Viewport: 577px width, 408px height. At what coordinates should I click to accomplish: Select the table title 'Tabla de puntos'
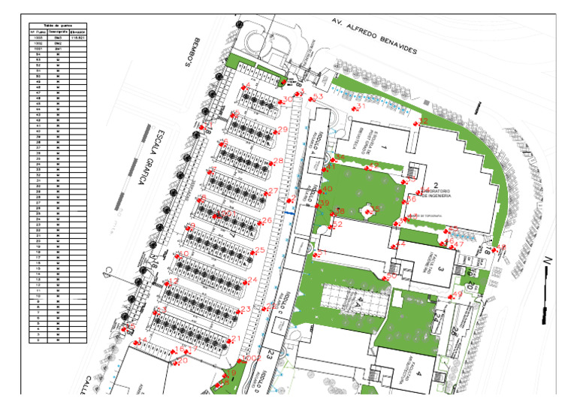[x=57, y=25]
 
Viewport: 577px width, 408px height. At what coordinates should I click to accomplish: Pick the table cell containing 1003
[x=37, y=38]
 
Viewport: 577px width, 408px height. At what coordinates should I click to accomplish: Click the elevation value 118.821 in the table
[x=77, y=38]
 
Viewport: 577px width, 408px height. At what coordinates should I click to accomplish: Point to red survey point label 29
[x=282, y=130]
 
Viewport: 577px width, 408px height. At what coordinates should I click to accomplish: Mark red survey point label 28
[x=278, y=161]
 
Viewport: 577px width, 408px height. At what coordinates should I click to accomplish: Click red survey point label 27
[x=273, y=191]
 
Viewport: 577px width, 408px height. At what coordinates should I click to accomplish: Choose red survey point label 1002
[x=252, y=358]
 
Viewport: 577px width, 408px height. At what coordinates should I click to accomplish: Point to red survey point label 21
[x=236, y=339]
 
